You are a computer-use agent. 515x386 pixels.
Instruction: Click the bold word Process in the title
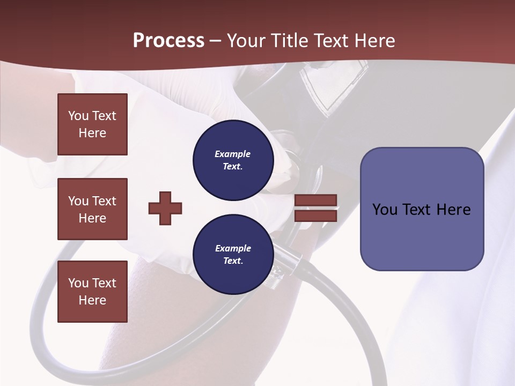168,41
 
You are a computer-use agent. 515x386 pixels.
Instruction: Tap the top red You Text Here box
92,124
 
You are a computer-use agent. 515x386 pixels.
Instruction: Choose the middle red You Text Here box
92,209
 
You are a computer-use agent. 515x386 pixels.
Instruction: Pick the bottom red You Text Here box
92,292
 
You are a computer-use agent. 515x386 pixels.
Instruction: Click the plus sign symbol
165,208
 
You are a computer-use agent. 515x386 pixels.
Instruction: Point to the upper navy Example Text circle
233,160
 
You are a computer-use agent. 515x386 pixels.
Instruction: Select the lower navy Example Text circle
233,255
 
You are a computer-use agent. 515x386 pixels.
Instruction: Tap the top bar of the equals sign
315,201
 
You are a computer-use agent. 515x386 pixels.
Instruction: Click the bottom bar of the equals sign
315,216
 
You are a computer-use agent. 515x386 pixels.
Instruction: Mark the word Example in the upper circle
232,154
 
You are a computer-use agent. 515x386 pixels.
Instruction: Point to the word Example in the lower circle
233,249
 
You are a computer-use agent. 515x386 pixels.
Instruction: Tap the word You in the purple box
385,210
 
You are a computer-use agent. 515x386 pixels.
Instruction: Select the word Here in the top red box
92,133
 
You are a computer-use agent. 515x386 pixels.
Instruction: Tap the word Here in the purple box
453,210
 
